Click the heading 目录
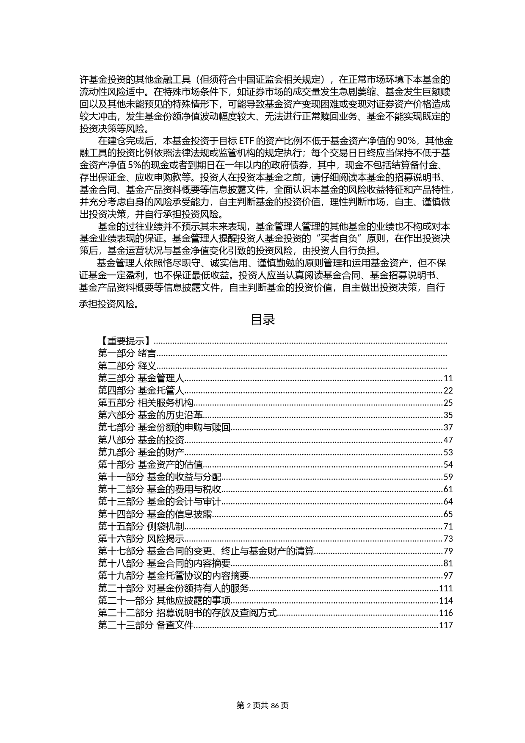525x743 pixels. [x=263, y=320]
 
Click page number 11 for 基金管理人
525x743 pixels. [x=448, y=379]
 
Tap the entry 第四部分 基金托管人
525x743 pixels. [x=141, y=391]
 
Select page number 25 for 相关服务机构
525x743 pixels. [x=448, y=403]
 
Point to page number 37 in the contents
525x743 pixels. [x=448, y=428]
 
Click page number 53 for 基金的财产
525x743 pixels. [x=448, y=452]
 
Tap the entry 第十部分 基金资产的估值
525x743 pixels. [x=150, y=465]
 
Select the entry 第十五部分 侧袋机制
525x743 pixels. [x=141, y=527]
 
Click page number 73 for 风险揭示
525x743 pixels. [x=448, y=539]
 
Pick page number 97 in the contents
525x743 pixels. [x=448, y=576]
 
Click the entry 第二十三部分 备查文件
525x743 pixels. [x=146, y=625]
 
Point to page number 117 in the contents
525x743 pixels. [x=446, y=625]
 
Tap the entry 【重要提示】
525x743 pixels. [x=125, y=341]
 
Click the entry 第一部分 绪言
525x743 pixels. [x=127, y=354]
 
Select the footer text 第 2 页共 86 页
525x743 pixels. [x=262, y=706]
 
